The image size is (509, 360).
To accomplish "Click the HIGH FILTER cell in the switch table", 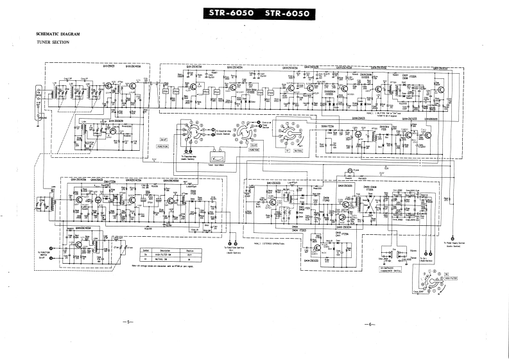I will [x=165, y=255].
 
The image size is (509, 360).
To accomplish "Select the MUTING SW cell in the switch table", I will [x=165, y=259].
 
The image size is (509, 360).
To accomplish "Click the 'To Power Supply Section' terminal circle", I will [x=454, y=236].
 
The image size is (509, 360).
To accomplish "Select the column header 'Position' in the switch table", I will [x=191, y=250].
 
